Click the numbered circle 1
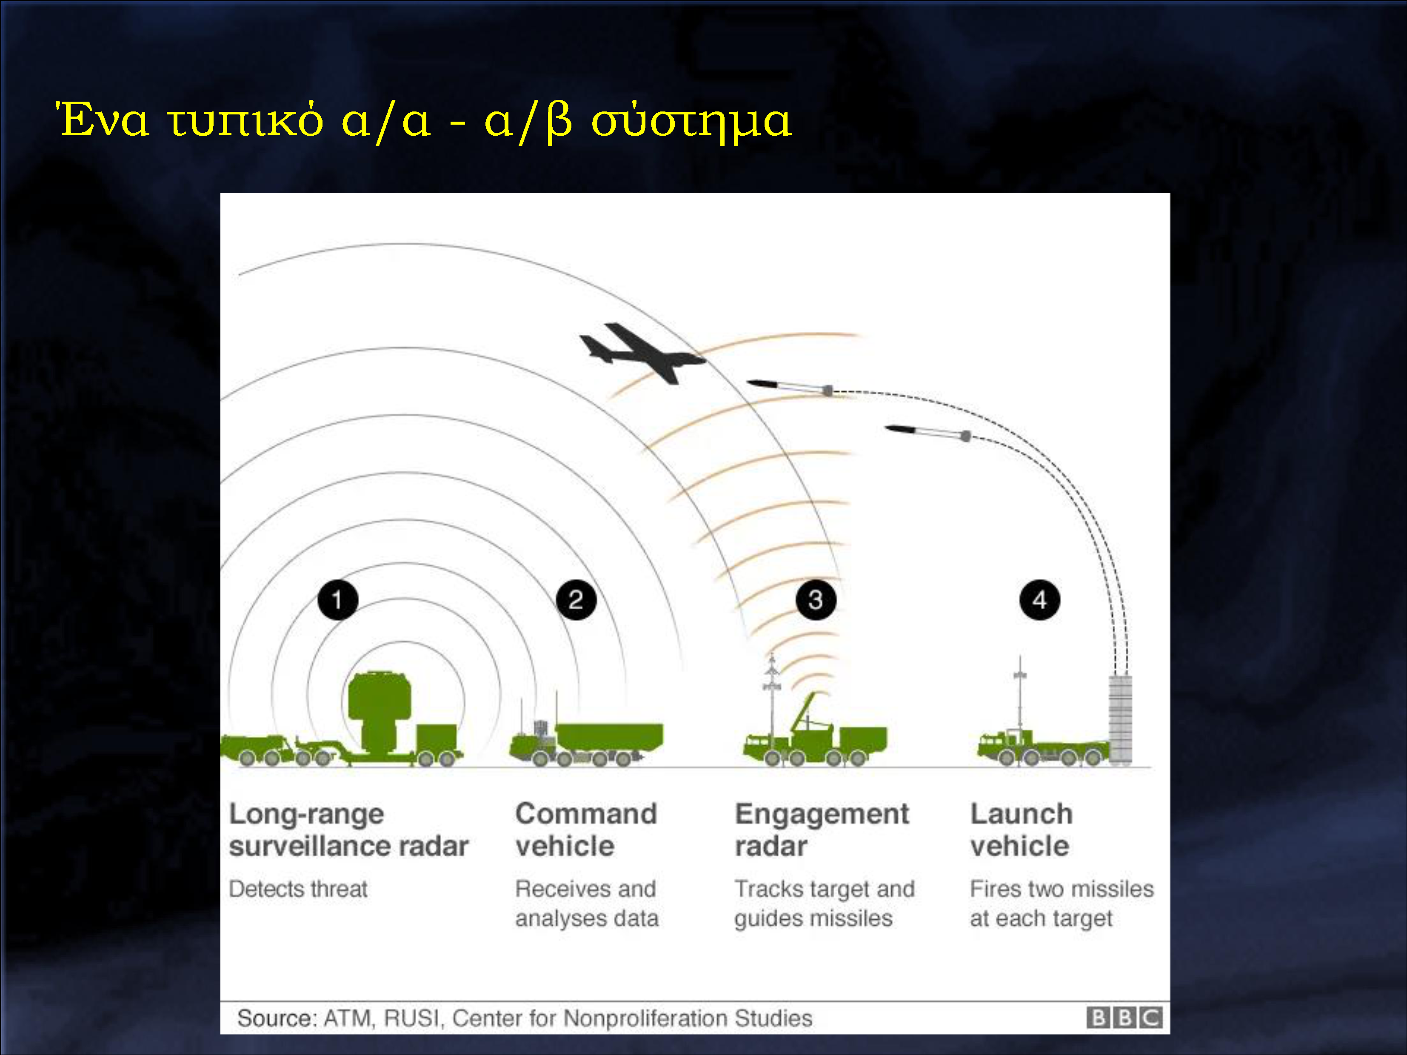coord(338,600)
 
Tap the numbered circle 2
coord(576,600)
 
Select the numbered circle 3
coord(816,600)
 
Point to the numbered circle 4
coord(1040,600)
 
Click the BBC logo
coord(1124,1018)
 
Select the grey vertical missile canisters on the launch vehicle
coord(1120,719)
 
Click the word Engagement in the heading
coord(822,814)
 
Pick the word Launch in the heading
coord(1022,813)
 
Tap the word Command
coord(586,813)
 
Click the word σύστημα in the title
coord(691,121)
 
